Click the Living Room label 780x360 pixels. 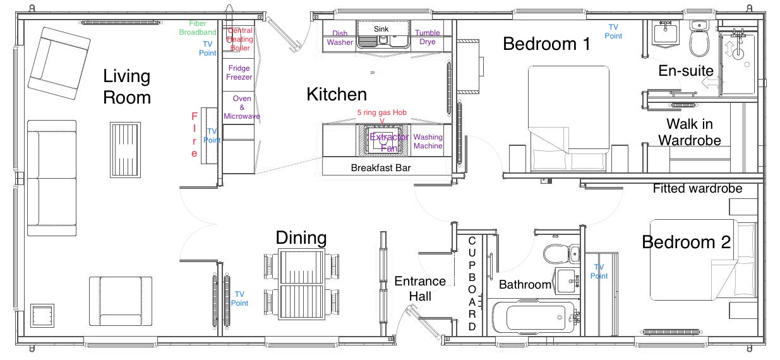pyautogui.click(x=127, y=87)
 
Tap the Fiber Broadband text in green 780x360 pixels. pyautogui.click(x=198, y=28)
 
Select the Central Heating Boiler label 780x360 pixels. pyautogui.click(x=240, y=39)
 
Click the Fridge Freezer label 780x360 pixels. pyautogui.click(x=239, y=73)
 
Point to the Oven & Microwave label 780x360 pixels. pyautogui.click(x=241, y=107)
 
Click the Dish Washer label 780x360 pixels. pyautogui.click(x=340, y=38)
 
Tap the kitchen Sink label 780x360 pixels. pyautogui.click(x=381, y=29)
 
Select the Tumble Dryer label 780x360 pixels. pyautogui.click(x=428, y=38)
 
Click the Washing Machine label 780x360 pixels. pyautogui.click(x=428, y=141)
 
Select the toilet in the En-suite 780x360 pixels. pyautogui.click(x=699, y=39)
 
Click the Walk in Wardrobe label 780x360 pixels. pyautogui.click(x=690, y=131)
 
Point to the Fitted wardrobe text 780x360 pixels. pyautogui.click(x=697, y=188)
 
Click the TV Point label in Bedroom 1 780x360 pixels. pyautogui.click(x=613, y=32)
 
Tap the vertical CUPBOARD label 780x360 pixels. pyautogui.click(x=472, y=284)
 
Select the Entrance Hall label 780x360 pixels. pyautogui.click(x=420, y=289)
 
